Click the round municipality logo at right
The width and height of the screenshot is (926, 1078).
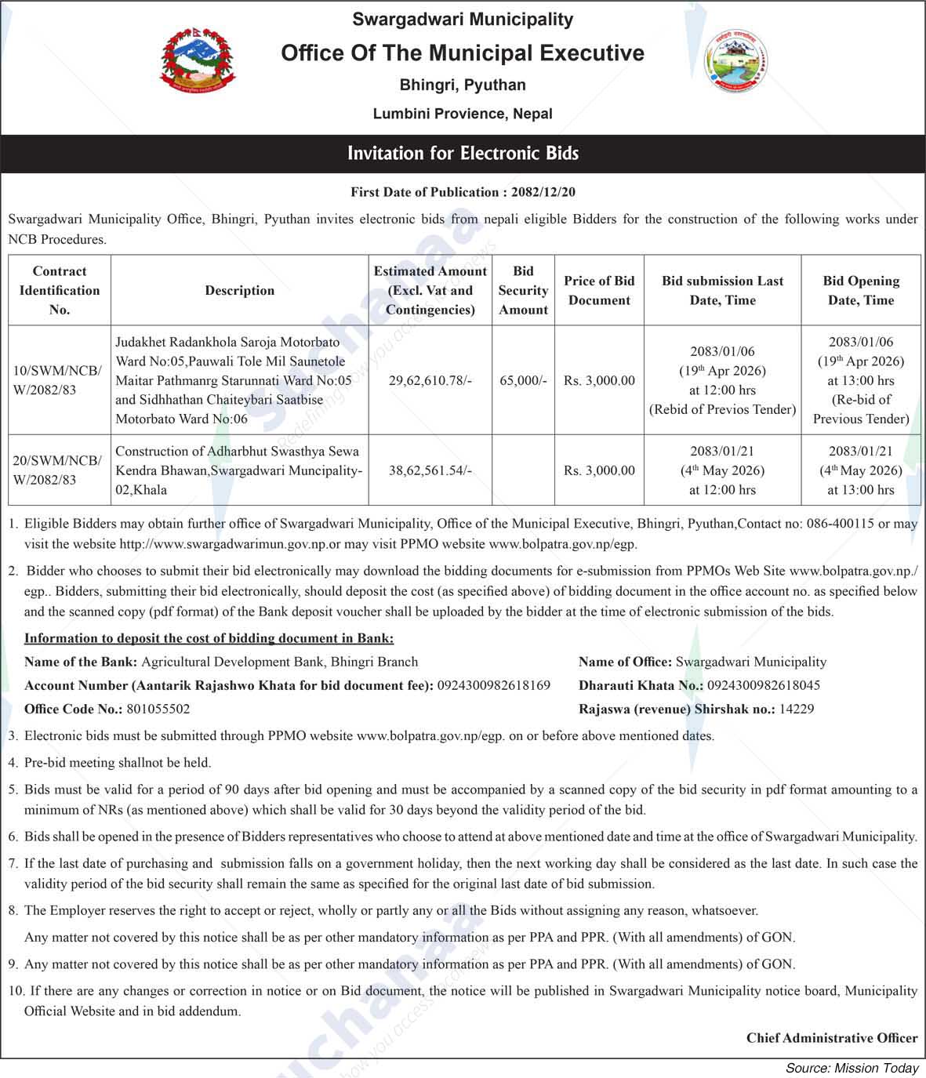tap(736, 62)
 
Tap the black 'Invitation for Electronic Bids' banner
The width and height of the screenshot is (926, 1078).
tap(463, 153)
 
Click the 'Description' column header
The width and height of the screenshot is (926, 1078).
tap(239, 290)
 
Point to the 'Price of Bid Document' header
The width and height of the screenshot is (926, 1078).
tap(599, 290)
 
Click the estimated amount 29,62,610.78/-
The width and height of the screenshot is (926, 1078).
tap(430, 380)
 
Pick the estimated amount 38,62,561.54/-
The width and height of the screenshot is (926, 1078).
tap(430, 470)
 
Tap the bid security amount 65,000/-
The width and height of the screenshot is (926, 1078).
tap(523, 380)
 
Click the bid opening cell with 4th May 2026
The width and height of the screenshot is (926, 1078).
tap(860, 470)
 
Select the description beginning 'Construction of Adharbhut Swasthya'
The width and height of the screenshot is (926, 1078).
tap(238, 470)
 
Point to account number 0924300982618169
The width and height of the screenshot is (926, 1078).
tap(493, 685)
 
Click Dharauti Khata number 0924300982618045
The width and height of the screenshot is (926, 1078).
tap(763, 685)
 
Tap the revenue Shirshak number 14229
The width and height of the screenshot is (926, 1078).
tap(796, 709)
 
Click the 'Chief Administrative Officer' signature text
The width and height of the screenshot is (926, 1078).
tap(831, 1038)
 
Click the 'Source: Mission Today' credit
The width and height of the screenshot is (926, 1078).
tap(852, 1068)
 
